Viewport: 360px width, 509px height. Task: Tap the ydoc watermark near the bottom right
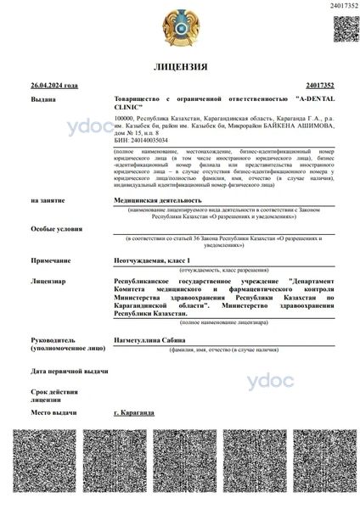coord(269,382)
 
